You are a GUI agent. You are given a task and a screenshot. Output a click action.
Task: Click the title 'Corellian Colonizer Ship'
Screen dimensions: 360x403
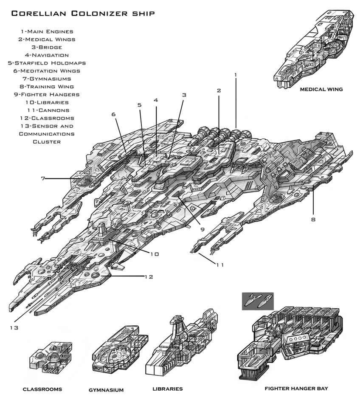83,13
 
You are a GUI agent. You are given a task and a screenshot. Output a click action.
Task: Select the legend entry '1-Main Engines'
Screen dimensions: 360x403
47,31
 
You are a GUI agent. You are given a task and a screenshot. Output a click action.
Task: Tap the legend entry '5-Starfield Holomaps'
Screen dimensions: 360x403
47,63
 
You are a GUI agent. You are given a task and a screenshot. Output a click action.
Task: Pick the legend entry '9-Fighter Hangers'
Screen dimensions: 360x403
47,95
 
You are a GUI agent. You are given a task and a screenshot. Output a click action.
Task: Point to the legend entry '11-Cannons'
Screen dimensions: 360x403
48,110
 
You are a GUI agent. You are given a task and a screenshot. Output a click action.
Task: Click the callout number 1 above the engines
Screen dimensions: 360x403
235,75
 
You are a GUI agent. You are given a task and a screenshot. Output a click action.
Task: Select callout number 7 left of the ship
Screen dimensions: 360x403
43,178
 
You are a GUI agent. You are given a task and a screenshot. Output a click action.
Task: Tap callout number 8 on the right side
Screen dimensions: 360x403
313,220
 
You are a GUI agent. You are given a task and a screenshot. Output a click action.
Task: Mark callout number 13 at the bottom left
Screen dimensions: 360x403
14,328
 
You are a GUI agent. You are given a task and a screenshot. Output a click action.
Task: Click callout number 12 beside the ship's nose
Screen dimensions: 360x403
149,277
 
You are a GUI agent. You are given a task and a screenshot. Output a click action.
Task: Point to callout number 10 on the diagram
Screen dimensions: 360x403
155,254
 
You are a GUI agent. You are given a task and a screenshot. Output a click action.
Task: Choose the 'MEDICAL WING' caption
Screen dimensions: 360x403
321,90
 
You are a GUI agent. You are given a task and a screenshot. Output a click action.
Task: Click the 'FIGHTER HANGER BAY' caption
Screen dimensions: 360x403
296,389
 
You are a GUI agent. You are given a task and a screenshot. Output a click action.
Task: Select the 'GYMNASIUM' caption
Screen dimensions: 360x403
106,390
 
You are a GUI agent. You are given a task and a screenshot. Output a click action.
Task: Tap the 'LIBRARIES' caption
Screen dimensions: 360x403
168,389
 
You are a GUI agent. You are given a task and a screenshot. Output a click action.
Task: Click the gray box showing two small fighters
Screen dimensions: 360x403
258,301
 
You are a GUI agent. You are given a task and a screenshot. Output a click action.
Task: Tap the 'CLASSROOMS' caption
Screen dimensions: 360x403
42,389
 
